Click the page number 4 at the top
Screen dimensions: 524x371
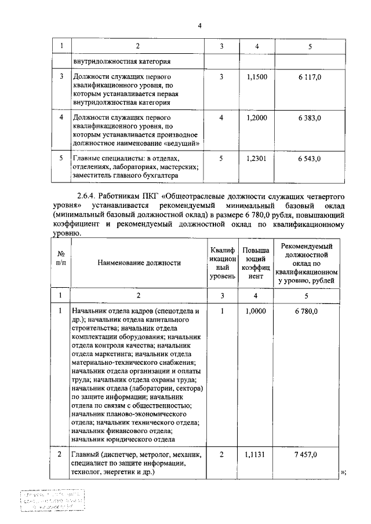click(199, 25)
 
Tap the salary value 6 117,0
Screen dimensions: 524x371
click(310, 77)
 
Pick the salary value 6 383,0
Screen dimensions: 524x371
click(310, 118)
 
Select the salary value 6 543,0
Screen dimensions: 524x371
click(310, 158)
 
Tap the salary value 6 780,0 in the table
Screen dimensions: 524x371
click(310, 311)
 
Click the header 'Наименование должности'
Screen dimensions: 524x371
click(139, 263)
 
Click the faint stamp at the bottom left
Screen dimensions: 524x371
click(52, 500)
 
